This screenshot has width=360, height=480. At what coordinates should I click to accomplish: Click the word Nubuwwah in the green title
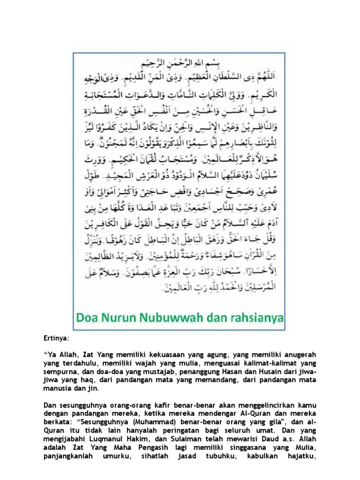tap(178, 319)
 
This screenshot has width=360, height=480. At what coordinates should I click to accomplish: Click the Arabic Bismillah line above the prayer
tap(180, 62)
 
